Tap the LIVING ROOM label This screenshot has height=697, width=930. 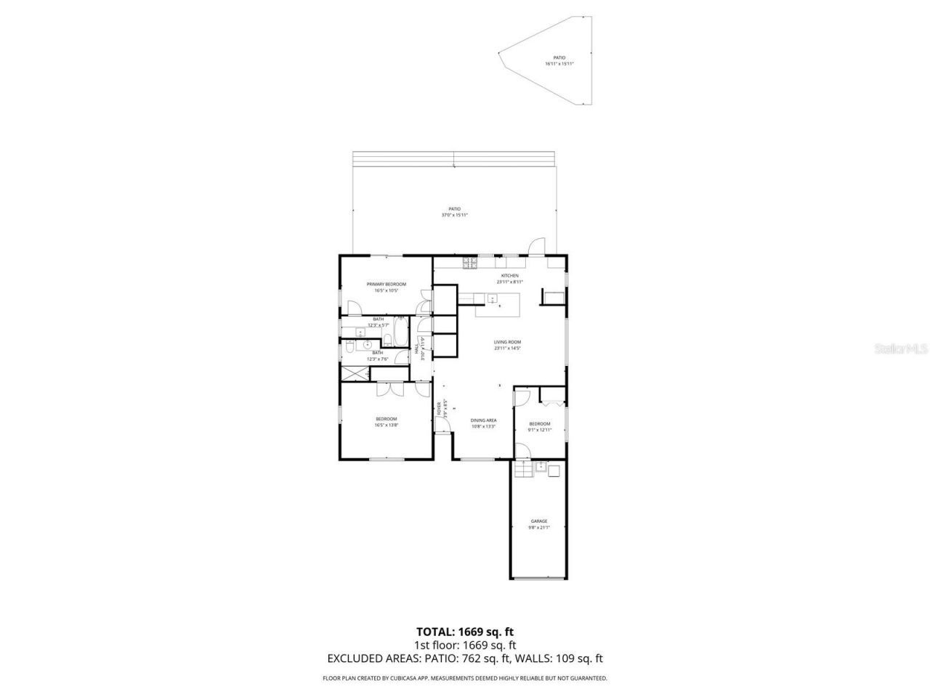pyautogui.click(x=508, y=342)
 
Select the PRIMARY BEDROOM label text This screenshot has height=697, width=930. pyautogui.click(x=386, y=284)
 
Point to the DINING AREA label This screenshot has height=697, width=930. pyautogui.click(x=483, y=420)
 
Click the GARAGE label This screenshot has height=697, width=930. pyautogui.click(x=538, y=521)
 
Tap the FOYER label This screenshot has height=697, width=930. pyautogui.click(x=439, y=408)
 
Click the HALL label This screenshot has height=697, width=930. pyautogui.click(x=417, y=348)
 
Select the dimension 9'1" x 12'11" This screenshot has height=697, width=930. pyautogui.click(x=540, y=430)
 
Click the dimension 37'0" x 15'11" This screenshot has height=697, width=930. pyautogui.click(x=455, y=215)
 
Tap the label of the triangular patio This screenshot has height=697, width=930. pyautogui.click(x=559, y=57)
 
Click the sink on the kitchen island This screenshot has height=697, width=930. pyautogui.click(x=492, y=298)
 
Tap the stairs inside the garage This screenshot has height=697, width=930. pyautogui.click(x=522, y=470)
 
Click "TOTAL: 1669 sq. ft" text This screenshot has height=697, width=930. pyautogui.click(x=465, y=632)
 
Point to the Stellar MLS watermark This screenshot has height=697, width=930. pyautogui.click(x=901, y=348)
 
